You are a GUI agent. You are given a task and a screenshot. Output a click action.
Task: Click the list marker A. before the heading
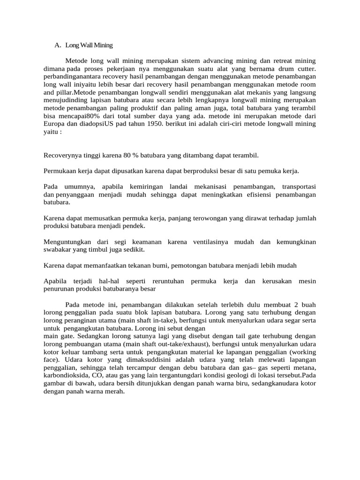[58, 45]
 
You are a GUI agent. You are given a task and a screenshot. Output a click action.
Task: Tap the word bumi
[159, 265]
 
